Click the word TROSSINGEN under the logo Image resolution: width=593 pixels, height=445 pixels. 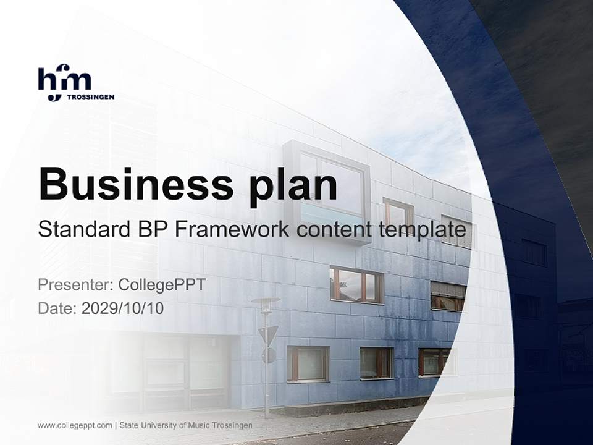pos(90,97)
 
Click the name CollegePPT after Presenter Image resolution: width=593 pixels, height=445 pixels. pos(162,285)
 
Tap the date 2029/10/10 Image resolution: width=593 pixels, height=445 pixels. pos(123,308)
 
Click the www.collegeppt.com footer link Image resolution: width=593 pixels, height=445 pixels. pos(75,425)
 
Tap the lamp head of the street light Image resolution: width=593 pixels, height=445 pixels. pos(266,302)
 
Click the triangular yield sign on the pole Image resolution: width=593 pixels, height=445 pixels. pos(267,335)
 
